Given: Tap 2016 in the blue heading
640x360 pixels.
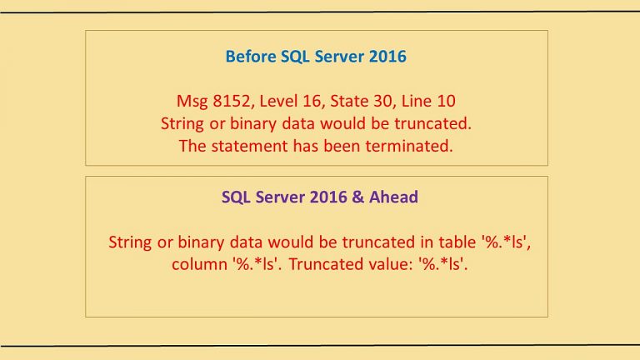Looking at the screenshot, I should (387, 57).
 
